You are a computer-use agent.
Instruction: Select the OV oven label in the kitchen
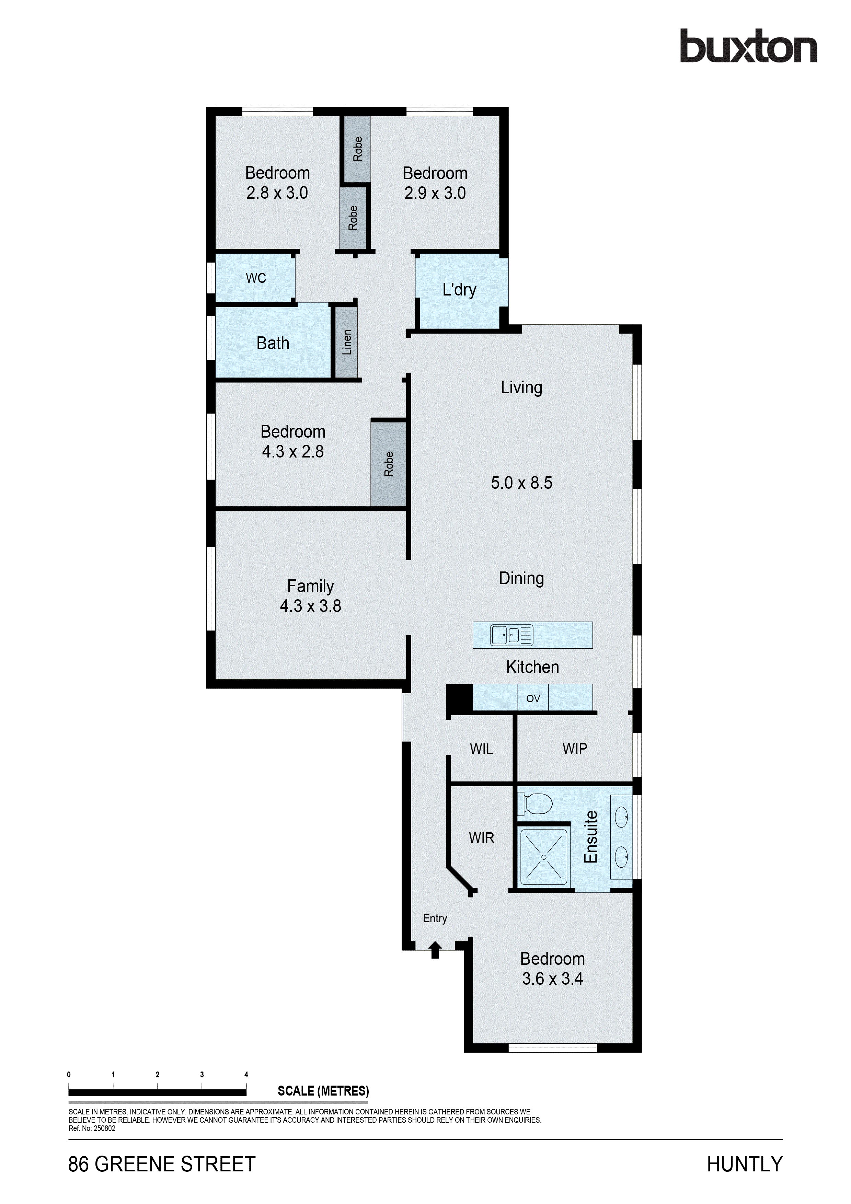(x=533, y=698)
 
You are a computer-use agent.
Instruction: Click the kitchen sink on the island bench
(x=511, y=635)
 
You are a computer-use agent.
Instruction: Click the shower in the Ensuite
(x=544, y=857)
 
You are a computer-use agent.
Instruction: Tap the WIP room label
(x=575, y=749)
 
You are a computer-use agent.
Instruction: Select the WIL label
(x=481, y=749)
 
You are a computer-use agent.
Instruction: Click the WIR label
(x=481, y=838)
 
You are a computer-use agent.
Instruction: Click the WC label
(x=256, y=278)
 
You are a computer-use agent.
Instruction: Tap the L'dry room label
(x=459, y=290)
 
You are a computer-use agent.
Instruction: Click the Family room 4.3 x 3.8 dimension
(x=310, y=606)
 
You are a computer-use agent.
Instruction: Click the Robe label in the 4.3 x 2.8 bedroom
(x=389, y=464)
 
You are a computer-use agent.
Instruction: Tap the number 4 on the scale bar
(x=246, y=1075)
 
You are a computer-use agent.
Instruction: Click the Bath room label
(x=273, y=343)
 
